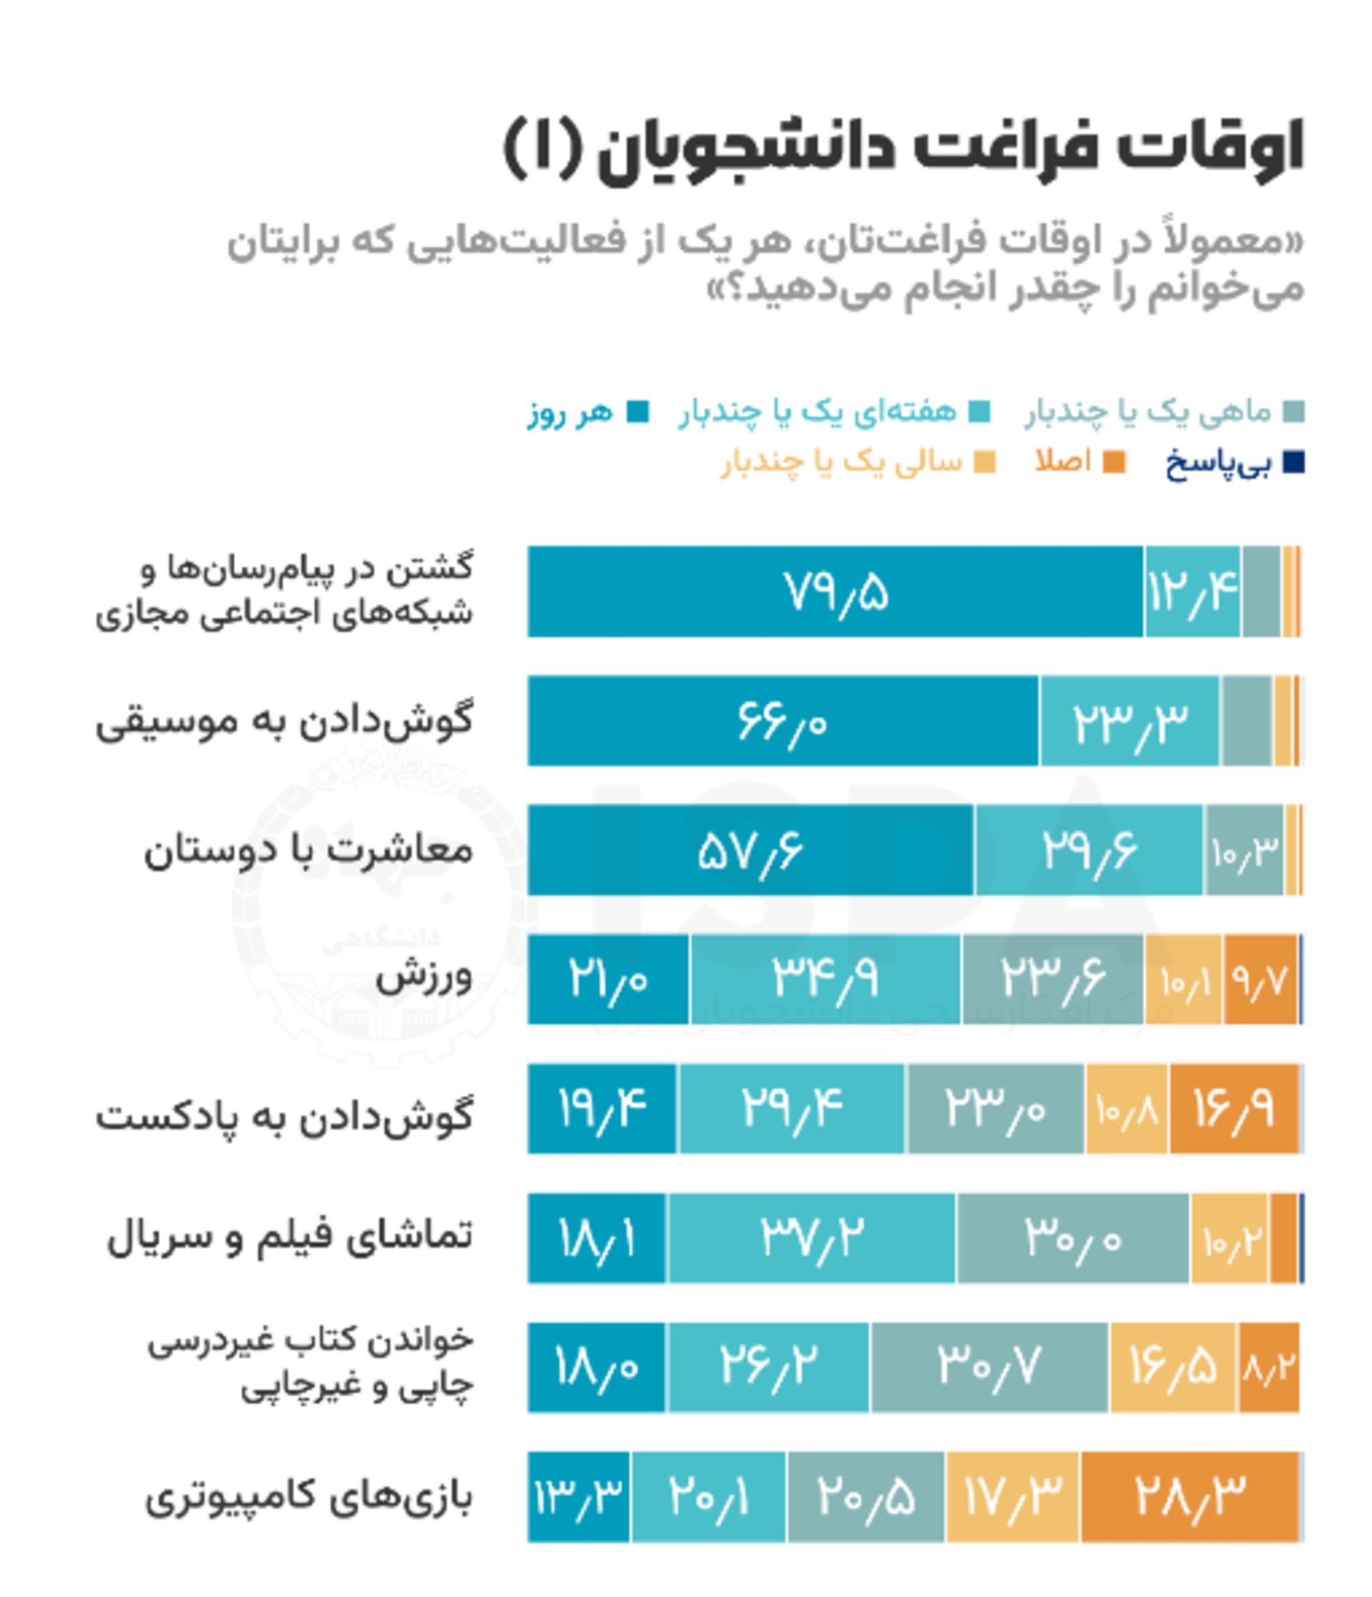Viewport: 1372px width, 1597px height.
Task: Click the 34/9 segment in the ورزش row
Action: point(825,980)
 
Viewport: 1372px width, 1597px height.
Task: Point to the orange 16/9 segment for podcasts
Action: point(1233,1109)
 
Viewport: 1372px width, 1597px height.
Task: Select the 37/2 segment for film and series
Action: point(811,1238)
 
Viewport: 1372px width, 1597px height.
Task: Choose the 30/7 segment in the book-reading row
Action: point(990,1368)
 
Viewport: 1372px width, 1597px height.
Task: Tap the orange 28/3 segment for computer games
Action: point(1189,1498)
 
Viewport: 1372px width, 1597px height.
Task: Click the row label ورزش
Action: point(424,977)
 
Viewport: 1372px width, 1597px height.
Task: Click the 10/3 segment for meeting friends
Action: point(1243,851)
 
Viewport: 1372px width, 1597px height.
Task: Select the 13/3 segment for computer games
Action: point(578,1498)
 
